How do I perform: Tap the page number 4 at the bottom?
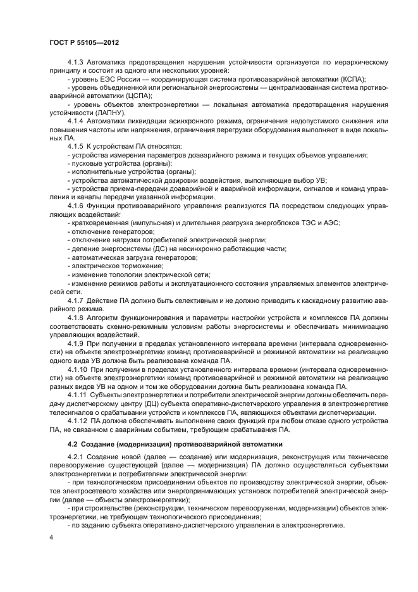51,537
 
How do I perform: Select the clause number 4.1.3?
77,63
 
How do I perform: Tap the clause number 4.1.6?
77,206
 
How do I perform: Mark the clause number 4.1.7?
77,300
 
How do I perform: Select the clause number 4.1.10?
79,368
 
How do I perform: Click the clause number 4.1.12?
79,420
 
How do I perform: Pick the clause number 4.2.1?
77,457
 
